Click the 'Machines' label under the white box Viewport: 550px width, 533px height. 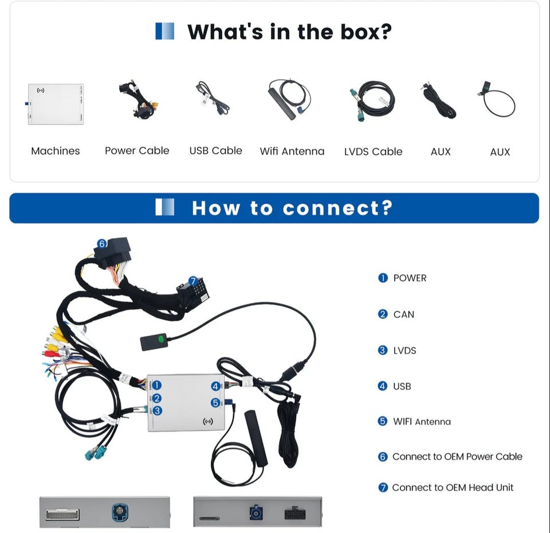[x=56, y=151]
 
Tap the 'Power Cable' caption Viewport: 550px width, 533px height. [x=137, y=151]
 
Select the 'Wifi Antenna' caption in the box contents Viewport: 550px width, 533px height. [x=292, y=151]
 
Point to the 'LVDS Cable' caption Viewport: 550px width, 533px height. [x=373, y=152]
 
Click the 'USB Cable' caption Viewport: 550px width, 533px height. [x=216, y=151]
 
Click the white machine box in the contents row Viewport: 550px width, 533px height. [x=56, y=104]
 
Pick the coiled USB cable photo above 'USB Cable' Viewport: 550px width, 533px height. [x=212, y=98]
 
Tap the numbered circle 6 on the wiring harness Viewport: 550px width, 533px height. [x=102, y=243]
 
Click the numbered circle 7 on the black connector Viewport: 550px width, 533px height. [x=193, y=281]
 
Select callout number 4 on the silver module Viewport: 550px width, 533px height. [x=215, y=386]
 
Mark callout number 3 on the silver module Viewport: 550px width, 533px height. [x=158, y=410]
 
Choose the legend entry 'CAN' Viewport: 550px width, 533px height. [x=404, y=314]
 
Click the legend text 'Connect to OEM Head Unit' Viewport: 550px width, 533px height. [x=453, y=488]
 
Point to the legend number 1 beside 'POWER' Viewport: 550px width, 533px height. [x=383, y=278]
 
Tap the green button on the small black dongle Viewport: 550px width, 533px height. [x=160, y=339]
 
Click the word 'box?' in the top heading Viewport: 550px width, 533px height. [x=366, y=32]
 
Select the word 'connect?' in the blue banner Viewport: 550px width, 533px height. [x=337, y=208]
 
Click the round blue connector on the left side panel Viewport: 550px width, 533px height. [x=120, y=512]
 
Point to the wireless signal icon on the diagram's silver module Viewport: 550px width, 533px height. [x=207, y=421]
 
